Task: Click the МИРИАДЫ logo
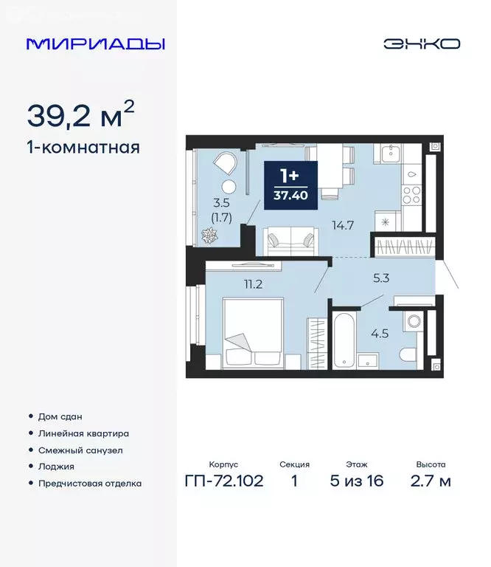point(95,44)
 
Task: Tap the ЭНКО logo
point(422,44)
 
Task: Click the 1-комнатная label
point(83,147)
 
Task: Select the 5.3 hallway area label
point(382,278)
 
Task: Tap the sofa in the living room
point(292,240)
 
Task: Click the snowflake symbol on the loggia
point(210,236)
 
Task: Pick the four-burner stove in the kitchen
point(411,195)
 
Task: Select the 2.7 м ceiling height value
point(430,482)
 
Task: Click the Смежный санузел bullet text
point(80,450)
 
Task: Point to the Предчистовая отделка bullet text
point(90,484)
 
